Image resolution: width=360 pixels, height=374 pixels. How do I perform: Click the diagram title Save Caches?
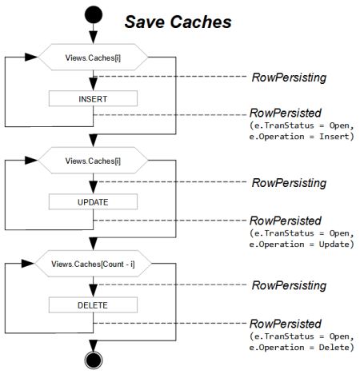click(177, 22)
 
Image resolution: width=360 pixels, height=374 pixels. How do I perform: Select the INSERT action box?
click(94, 99)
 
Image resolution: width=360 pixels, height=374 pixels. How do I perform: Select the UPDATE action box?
click(94, 202)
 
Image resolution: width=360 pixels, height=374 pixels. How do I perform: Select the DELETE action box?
click(94, 304)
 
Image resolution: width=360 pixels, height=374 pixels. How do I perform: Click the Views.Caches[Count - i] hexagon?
click(94, 262)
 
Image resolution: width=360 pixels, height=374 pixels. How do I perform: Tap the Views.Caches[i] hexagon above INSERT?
click(94, 58)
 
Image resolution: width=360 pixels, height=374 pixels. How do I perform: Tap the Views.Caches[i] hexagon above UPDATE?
click(94, 161)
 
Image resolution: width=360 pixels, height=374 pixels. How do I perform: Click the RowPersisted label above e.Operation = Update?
click(286, 220)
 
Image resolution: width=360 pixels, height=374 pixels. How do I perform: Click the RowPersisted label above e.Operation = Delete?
click(286, 323)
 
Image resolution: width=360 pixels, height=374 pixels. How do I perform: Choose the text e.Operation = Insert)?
click(302, 137)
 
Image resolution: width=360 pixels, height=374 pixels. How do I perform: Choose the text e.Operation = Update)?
click(302, 243)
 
